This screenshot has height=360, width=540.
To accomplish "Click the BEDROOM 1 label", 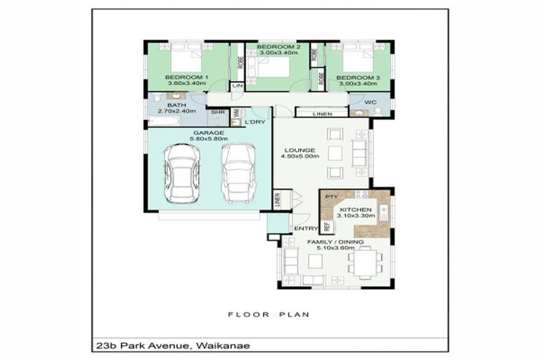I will [x=186, y=77].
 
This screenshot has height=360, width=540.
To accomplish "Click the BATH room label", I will [x=176, y=105].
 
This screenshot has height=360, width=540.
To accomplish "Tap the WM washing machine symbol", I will [x=237, y=112].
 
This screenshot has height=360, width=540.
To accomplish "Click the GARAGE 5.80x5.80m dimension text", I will [x=208, y=139].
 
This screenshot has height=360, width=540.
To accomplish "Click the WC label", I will [x=371, y=102].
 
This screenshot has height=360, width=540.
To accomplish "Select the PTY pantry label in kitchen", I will [x=333, y=197].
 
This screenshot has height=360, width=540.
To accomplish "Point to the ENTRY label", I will [x=305, y=229].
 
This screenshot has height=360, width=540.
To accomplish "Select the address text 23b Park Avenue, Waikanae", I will [x=169, y=345].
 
